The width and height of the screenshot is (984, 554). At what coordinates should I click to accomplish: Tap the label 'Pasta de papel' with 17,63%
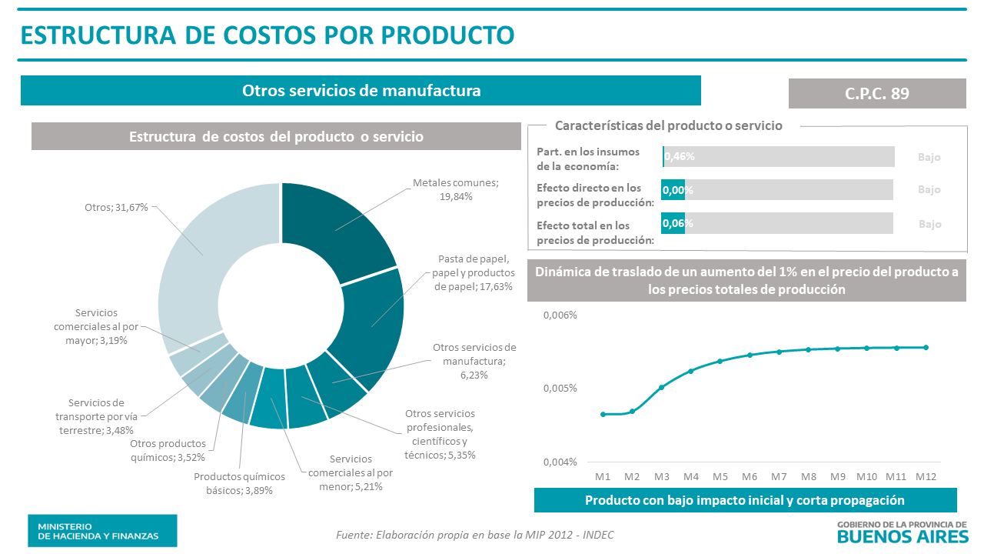[x=474, y=272]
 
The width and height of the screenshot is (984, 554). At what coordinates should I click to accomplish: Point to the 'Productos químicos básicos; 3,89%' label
[x=239, y=483]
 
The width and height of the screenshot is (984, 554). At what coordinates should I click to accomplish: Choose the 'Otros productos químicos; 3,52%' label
[x=168, y=450]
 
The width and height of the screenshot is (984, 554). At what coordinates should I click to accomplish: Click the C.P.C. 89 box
[x=877, y=93]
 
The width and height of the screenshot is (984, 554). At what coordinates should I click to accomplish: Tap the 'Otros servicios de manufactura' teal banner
[x=361, y=91]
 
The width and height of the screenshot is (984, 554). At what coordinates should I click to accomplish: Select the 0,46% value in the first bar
[x=680, y=157]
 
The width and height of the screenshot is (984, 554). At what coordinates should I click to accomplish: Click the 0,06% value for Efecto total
[x=678, y=223]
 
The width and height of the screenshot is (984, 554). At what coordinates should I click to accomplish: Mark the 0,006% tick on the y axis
[x=560, y=315]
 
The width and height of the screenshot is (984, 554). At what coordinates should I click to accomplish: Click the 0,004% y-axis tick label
[x=560, y=462]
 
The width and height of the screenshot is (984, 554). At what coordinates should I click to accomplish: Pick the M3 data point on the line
[x=661, y=387]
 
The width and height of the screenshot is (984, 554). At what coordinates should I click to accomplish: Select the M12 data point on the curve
[x=926, y=347]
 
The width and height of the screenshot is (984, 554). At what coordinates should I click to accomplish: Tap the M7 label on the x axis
[x=779, y=477]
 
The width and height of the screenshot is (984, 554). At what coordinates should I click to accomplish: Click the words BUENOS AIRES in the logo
[x=903, y=536]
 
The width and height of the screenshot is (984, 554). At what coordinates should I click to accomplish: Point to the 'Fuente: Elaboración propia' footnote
[x=475, y=535]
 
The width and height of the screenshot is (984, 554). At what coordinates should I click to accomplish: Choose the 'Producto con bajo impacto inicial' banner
[x=745, y=500]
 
